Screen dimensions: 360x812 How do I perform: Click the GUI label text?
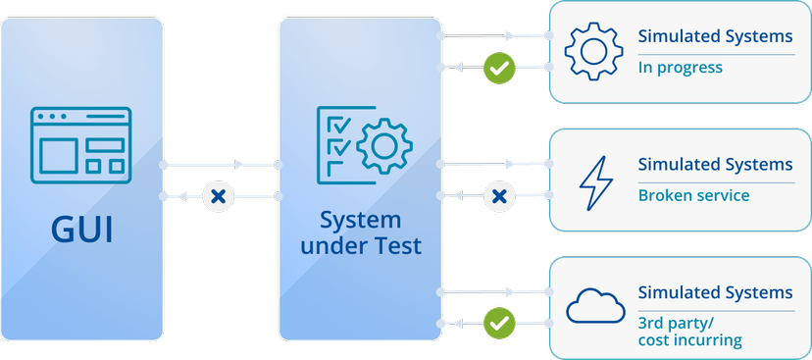81,231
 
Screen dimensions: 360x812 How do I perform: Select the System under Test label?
361,231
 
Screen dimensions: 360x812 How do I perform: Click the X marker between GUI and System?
219,197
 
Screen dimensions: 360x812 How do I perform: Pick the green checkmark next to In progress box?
499,68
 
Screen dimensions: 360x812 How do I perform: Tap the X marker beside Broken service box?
499,197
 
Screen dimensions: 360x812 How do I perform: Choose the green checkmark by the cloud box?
499,321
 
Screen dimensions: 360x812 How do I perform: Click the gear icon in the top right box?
594,52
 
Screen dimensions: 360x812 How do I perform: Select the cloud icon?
595,308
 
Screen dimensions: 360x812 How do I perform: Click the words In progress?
680,68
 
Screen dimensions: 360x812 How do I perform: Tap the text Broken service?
693,195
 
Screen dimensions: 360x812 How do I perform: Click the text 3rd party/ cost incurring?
689,332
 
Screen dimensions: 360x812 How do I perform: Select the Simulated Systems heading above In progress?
715,37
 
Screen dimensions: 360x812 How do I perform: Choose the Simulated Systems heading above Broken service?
715,164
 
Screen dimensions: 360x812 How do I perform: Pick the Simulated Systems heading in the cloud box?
715,292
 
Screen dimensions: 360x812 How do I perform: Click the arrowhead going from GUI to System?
238,165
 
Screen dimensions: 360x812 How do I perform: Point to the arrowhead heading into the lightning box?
509,164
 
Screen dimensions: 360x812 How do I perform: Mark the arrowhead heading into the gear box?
509,36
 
